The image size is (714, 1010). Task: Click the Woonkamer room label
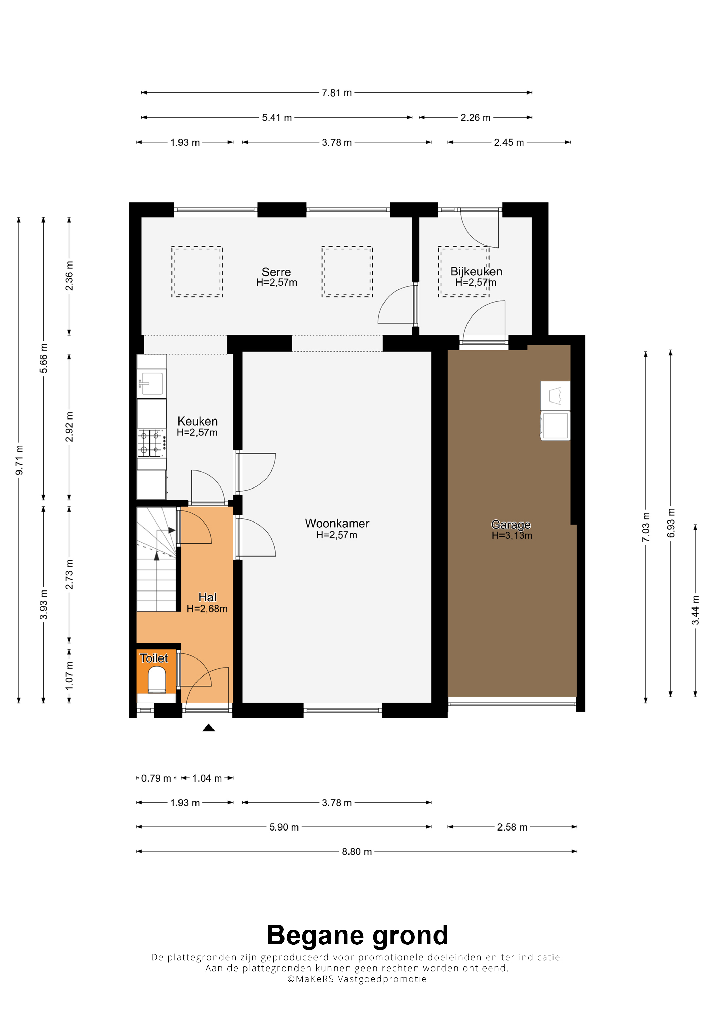(337, 524)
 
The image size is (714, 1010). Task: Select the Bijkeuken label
(476, 271)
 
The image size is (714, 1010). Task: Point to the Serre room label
(276, 272)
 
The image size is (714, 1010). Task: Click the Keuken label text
(198, 422)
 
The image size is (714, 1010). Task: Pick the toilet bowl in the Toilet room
(157, 680)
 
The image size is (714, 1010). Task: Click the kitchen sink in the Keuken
(152, 383)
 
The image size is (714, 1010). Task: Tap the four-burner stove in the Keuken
(152, 443)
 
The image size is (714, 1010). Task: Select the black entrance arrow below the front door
(208, 728)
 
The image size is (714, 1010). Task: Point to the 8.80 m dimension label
(357, 852)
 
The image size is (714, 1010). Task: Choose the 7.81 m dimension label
(337, 93)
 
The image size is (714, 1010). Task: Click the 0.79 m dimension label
(156, 778)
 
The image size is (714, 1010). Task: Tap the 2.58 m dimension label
(512, 827)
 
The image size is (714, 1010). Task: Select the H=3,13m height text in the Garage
(512, 536)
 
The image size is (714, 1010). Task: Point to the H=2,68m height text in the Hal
(207, 609)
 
